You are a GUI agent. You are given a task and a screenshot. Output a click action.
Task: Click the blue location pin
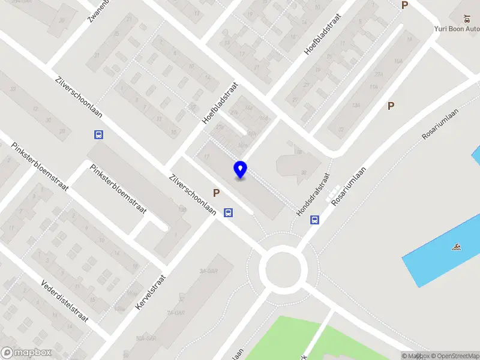coord(241,169)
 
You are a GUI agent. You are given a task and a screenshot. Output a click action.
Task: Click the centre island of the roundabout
coord(282,268)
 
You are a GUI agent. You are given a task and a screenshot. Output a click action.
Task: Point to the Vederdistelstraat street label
coord(65,301)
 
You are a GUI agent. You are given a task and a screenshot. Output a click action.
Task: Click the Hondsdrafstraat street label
coord(313,195)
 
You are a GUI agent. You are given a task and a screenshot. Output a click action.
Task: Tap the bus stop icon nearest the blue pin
coord(228,212)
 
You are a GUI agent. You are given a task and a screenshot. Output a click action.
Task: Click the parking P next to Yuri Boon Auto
coord(404,5)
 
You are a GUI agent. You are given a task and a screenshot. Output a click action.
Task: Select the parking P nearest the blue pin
coord(216,193)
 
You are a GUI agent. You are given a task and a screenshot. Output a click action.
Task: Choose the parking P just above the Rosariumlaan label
coord(391,106)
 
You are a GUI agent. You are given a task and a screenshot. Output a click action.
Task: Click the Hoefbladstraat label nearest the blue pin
coord(220,103)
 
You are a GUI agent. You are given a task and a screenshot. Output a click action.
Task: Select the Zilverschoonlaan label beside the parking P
coord(193,195)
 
